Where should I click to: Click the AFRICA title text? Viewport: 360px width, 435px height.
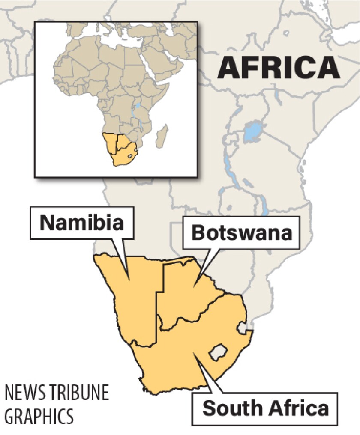pyautogui.click(x=278, y=67)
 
